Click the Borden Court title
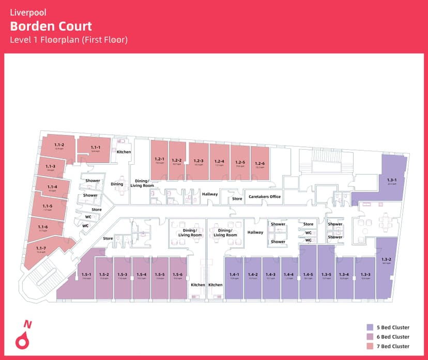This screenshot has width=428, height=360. tap(51, 26)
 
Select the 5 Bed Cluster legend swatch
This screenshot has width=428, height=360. tap(370, 327)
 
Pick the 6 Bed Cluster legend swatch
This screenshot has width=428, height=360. tap(370, 337)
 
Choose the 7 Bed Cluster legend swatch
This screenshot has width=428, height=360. tap(370, 346)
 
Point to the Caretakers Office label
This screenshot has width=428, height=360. tap(264, 197)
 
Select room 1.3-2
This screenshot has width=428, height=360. tap(386, 260)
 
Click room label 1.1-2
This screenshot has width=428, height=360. tap(59, 145)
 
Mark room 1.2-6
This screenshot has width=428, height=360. tap(260, 165)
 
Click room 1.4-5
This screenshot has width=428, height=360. tap(308, 275)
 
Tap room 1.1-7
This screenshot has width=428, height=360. tap(42, 249)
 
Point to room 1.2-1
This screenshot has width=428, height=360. tap(159, 160)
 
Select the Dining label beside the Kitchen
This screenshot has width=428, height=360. tap(117, 184)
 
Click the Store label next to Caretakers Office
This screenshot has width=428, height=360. tap(237, 199)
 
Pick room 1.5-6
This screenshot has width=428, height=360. tap(177, 275)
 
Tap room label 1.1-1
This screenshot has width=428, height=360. tap(95, 148)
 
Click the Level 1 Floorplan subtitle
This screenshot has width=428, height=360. tap(69, 40)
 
